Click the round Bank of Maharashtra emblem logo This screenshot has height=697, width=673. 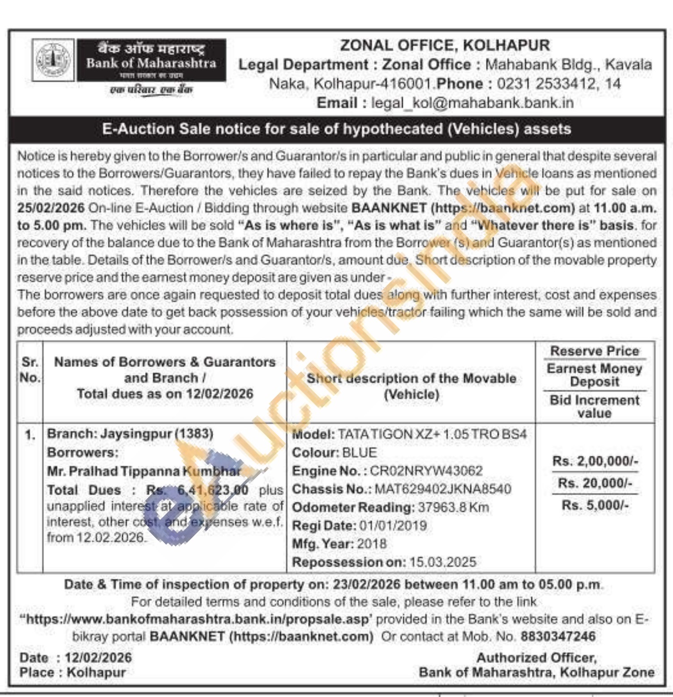coord(53,60)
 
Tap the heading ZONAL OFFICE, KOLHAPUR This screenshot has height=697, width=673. coord(445,45)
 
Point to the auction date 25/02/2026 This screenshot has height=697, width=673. coord(51,208)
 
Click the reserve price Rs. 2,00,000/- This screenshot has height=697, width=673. coord(595,461)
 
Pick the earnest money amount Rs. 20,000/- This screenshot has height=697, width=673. coord(595,483)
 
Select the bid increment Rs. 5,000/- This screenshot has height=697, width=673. coord(595,505)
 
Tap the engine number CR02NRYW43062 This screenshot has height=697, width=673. coord(426,471)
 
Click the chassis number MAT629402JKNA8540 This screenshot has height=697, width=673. coord(442,489)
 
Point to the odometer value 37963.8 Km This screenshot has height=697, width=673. coord(453,508)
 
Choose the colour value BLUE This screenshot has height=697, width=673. coord(359,453)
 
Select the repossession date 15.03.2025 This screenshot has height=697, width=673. coord(443,562)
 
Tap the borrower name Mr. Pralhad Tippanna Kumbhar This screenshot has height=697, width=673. coord(144,471)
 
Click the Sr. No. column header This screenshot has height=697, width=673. coord(30,370)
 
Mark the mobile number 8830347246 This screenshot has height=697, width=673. coord(558,637)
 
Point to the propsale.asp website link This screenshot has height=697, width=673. coord(197,620)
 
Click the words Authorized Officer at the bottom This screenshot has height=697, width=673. coord(536,658)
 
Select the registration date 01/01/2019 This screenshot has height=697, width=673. coord(393,526)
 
